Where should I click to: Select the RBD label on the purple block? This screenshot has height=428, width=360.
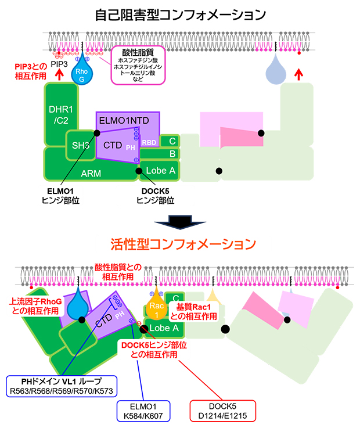pyautogui.click(x=149, y=141)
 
